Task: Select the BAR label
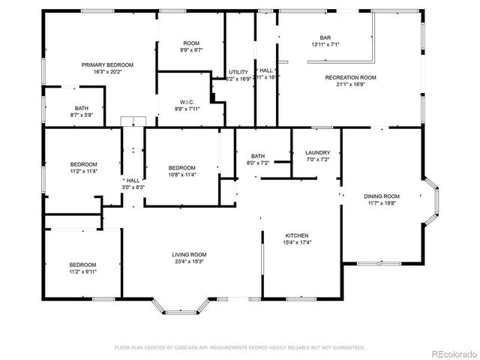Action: coord(325,37)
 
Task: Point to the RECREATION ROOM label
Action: coord(350,77)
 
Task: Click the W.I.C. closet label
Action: coord(187,101)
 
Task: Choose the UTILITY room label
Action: coord(238,72)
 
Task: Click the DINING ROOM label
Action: coord(382,196)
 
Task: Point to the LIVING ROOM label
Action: coord(190,255)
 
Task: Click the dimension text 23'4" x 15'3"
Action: coord(190,262)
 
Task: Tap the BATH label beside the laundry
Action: coord(258,156)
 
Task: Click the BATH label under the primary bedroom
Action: coord(81,108)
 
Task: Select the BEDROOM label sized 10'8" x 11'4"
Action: coord(181,167)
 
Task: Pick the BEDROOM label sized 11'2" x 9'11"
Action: coord(82,264)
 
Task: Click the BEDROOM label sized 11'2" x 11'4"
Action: coord(84,164)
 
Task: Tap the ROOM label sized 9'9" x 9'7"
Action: coord(190,43)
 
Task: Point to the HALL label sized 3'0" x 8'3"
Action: coord(133,180)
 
